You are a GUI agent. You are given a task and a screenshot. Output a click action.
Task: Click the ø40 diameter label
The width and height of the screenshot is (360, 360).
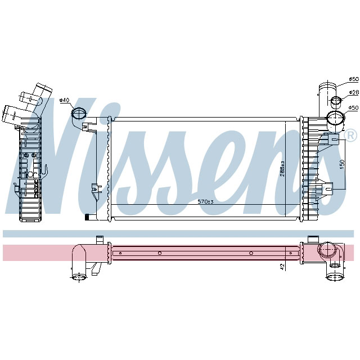[64, 100]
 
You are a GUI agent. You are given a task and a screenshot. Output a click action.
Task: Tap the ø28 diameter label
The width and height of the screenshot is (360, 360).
[353, 92]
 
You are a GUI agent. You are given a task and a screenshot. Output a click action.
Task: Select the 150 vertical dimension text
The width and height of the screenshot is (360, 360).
[341, 164]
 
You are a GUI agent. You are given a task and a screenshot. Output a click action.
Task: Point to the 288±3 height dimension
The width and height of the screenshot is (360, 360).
[283, 169]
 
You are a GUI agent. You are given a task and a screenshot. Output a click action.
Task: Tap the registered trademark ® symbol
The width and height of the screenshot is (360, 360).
[350, 136]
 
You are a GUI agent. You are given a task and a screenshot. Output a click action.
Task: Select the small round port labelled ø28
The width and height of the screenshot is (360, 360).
[335, 102]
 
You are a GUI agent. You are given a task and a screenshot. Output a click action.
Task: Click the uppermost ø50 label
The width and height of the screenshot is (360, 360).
[353, 79]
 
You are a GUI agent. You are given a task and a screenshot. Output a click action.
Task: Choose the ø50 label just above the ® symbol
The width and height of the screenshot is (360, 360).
[353, 107]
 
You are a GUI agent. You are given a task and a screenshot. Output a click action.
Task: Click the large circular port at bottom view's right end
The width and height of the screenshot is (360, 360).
[326, 251]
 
